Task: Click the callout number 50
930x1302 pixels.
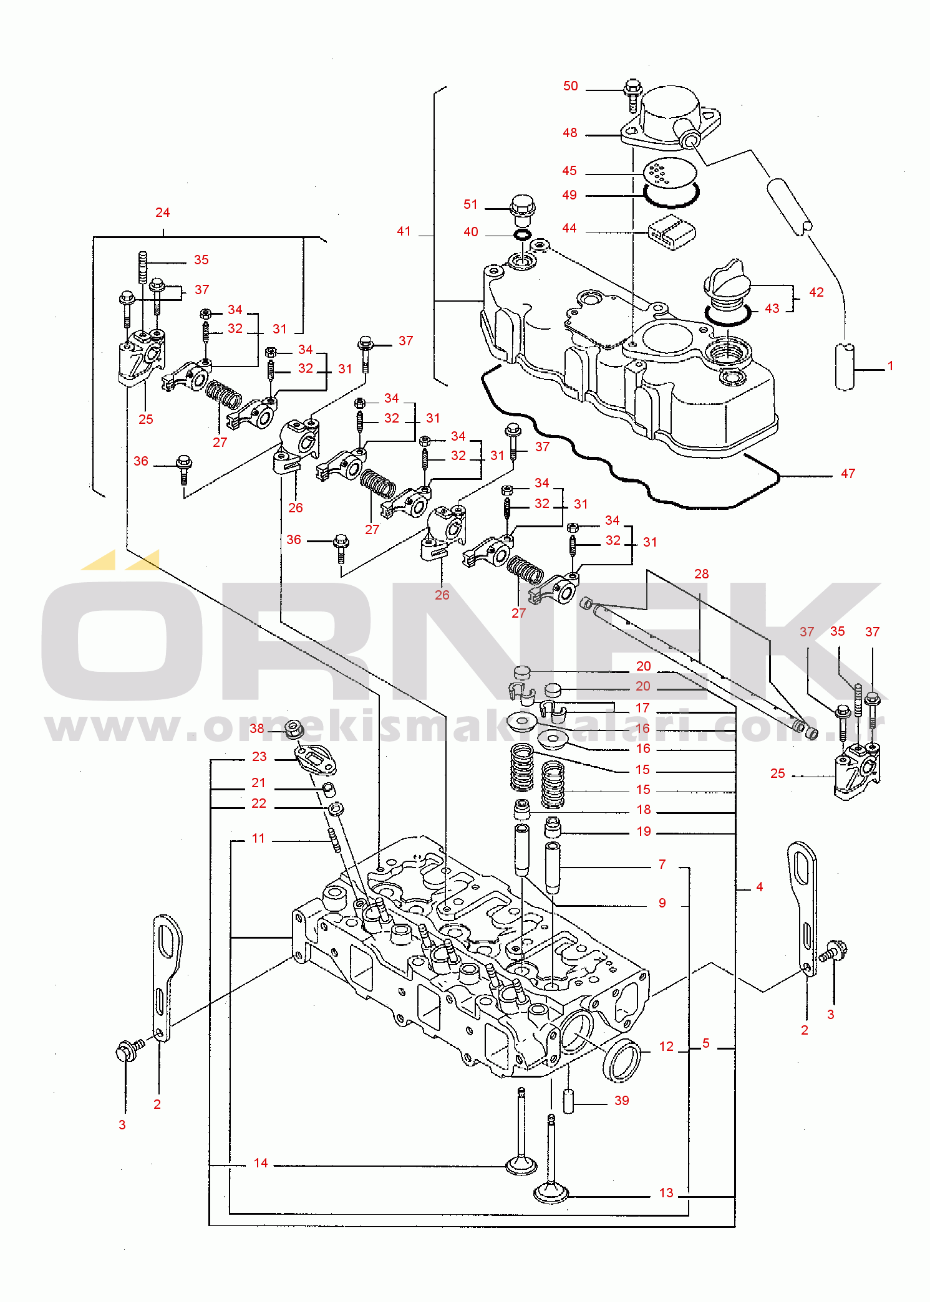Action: click(x=570, y=86)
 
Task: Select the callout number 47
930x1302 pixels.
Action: click(x=848, y=474)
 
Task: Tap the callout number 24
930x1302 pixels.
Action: click(x=162, y=213)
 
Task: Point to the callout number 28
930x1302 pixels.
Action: click(x=701, y=574)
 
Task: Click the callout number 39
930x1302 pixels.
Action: click(x=621, y=1101)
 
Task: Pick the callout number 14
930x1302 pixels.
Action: click(x=261, y=1163)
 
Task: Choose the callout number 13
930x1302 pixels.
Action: click(x=666, y=1193)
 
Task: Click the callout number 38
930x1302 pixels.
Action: click(x=257, y=729)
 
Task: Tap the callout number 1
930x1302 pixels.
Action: click(x=890, y=366)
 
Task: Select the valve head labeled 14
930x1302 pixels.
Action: click(x=521, y=1164)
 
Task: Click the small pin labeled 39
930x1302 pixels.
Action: click(x=568, y=1100)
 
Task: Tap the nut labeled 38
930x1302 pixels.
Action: click(x=294, y=729)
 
